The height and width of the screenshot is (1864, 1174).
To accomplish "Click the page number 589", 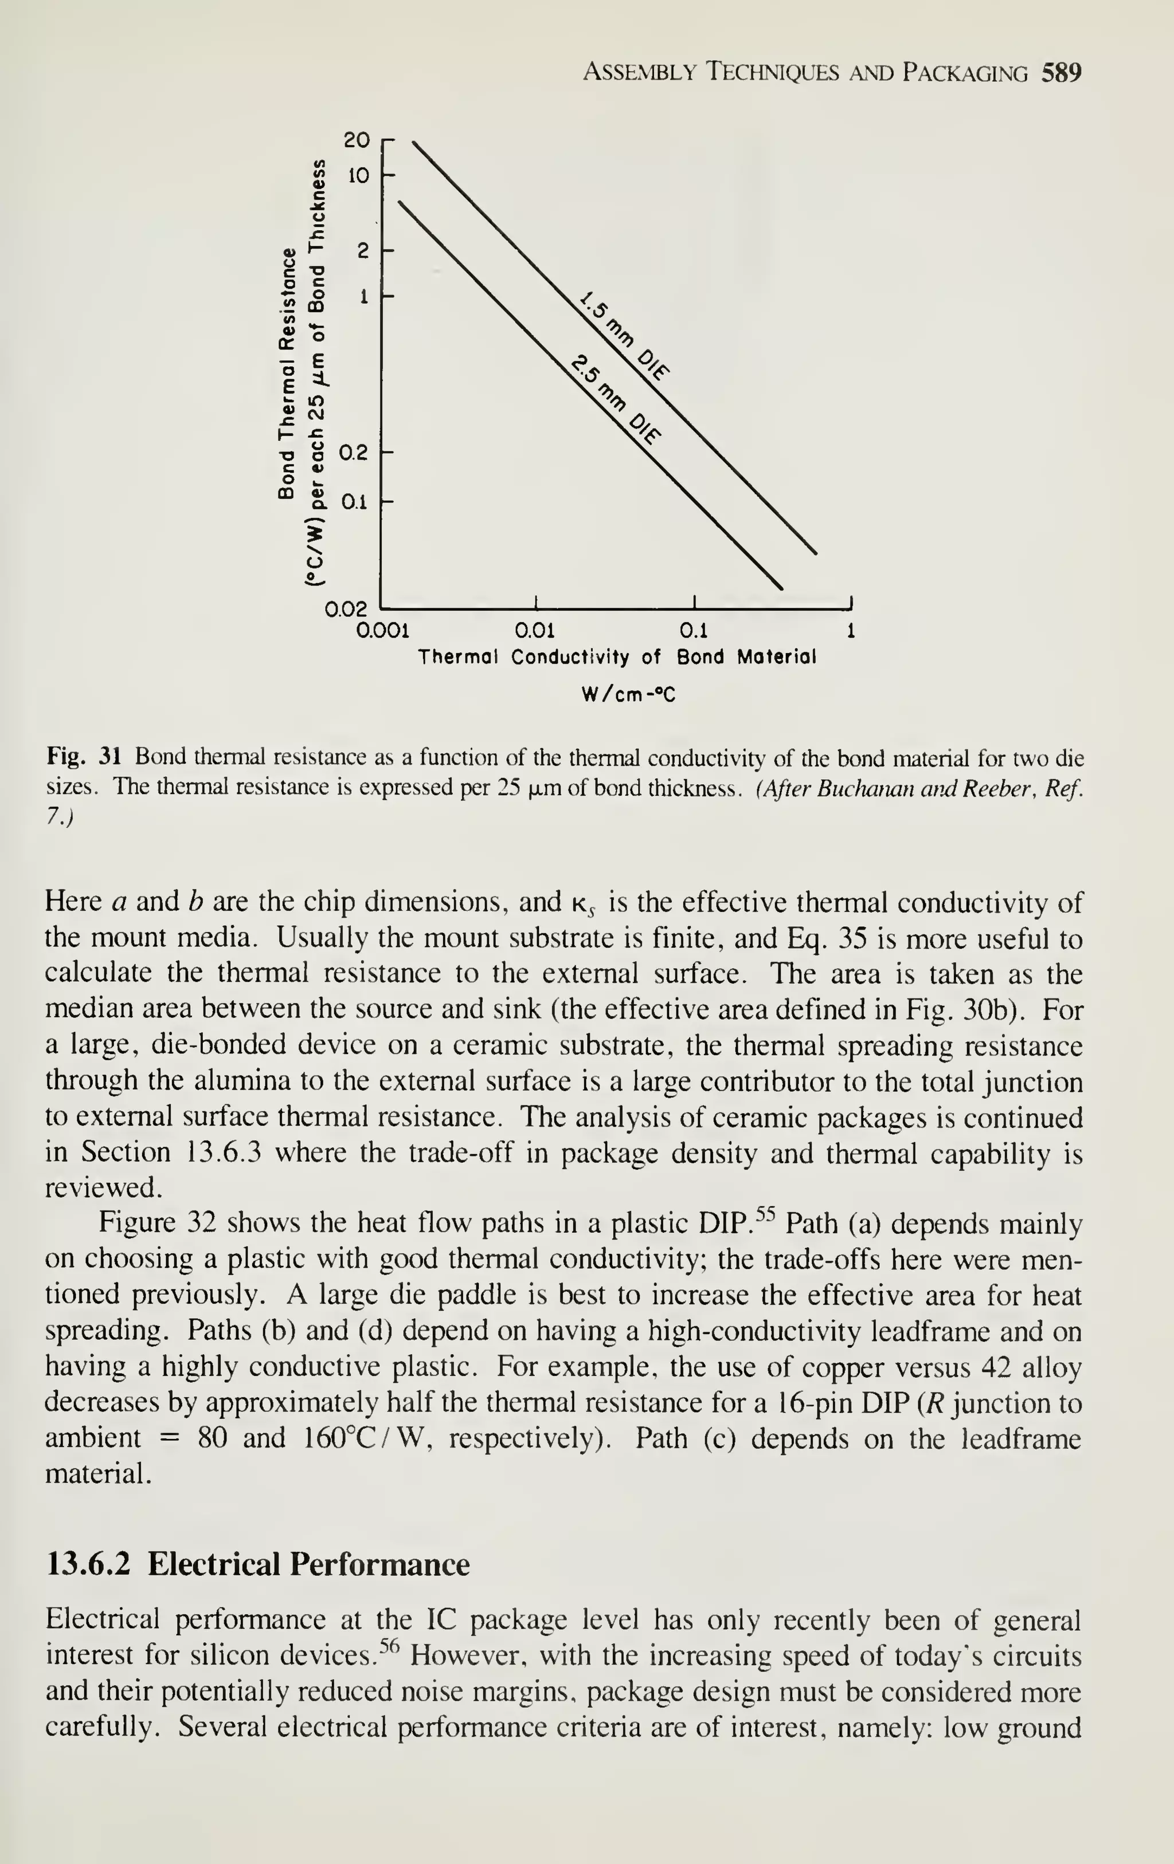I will pyautogui.click(x=1061, y=73).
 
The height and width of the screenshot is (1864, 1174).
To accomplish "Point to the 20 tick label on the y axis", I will pyautogui.click(x=357, y=140).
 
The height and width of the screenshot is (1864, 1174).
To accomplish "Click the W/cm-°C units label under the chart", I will pyautogui.click(x=628, y=694).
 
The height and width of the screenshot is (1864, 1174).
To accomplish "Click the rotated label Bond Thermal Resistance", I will pyautogui.click(x=287, y=372).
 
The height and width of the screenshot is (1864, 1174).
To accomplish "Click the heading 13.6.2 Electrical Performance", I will pyautogui.click(x=258, y=1564).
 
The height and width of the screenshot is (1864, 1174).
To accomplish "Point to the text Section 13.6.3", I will pyautogui.click(x=171, y=1153).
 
